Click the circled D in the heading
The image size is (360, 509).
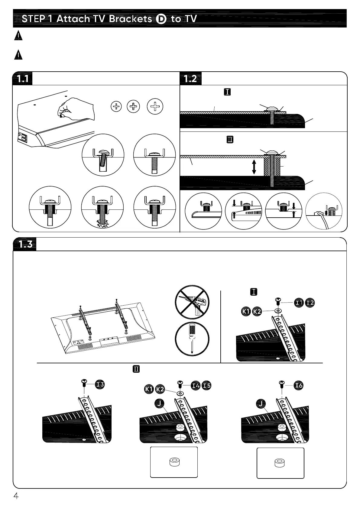(x=161, y=19)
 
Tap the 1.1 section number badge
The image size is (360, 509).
(x=23, y=79)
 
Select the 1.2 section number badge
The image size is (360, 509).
(x=190, y=79)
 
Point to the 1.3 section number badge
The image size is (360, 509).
(x=25, y=244)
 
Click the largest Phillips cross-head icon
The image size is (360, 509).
(x=155, y=106)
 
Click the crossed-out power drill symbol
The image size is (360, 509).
(x=192, y=302)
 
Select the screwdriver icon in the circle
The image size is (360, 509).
(x=192, y=339)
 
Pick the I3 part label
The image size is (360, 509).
(x=100, y=384)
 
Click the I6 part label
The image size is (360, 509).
(x=299, y=385)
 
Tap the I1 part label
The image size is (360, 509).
(x=299, y=303)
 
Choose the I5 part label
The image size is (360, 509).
(x=207, y=385)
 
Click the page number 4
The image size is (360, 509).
(x=16, y=496)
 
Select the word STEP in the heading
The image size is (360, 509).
(x=33, y=19)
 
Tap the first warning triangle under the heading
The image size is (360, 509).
(x=18, y=36)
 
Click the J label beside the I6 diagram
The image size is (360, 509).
(x=261, y=403)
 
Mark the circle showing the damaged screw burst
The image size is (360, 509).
(x=102, y=207)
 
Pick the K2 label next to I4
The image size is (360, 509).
(x=160, y=389)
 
